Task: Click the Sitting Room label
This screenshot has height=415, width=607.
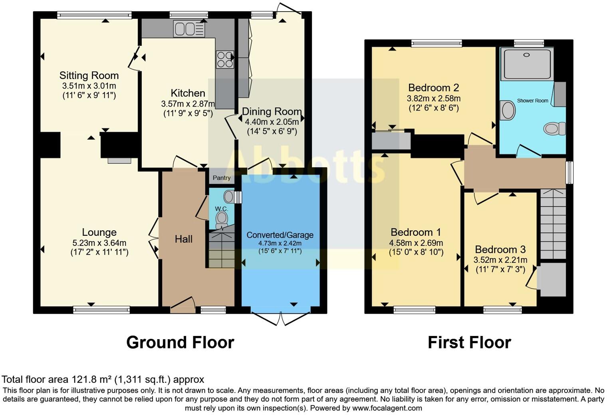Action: tap(89, 75)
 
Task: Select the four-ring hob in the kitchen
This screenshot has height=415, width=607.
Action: tap(224, 59)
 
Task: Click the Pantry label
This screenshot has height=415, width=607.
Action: tap(221, 178)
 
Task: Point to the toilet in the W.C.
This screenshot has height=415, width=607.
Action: tap(221, 219)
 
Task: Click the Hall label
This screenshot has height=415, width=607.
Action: tap(184, 239)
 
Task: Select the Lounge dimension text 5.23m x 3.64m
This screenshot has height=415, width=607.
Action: tap(99, 243)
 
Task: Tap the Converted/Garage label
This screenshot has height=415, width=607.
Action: tap(280, 235)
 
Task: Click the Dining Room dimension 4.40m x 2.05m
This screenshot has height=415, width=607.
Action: tap(272, 122)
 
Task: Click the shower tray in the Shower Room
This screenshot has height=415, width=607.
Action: tap(527, 63)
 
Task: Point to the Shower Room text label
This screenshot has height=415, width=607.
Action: tap(532, 101)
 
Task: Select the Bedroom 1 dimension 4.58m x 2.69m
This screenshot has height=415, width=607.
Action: tap(416, 243)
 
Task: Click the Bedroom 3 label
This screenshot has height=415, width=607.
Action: tap(500, 250)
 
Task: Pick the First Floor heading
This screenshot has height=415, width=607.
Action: tap(469, 342)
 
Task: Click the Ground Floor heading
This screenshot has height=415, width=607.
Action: tap(180, 342)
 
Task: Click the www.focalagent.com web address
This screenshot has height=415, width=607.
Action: tap(387, 408)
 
